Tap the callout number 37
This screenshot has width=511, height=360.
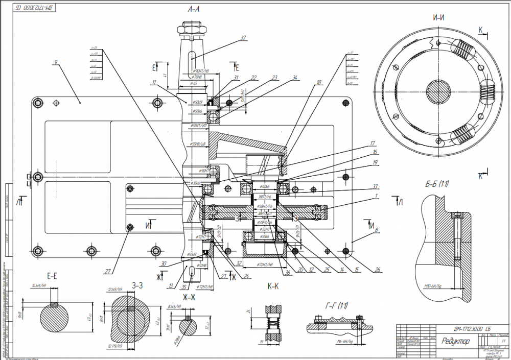(x=243, y=38)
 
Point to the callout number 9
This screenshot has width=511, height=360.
(x=55, y=63)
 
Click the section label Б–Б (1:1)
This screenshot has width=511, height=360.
(x=435, y=184)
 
